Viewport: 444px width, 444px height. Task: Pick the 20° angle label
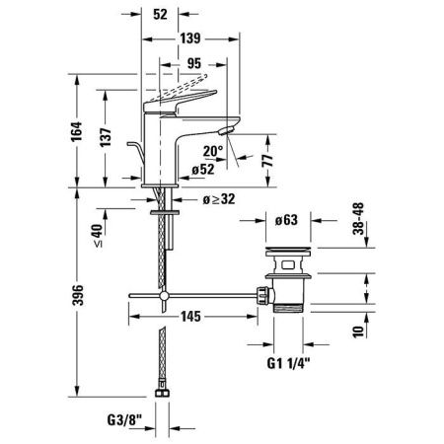214,152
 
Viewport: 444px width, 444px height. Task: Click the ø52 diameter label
204,169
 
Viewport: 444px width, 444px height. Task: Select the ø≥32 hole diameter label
217,200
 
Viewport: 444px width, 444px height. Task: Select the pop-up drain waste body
286,286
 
